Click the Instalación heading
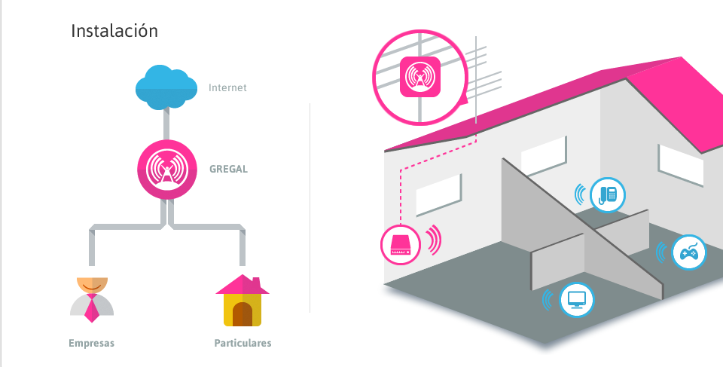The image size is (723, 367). pos(114,31)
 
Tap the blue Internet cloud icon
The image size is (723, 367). pos(166,87)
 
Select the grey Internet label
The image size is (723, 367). pos(227,87)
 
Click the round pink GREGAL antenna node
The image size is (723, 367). pos(167,170)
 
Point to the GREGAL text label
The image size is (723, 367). pos(229,169)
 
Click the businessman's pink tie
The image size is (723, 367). pos(91,307)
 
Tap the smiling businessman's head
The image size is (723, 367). pos(92,285)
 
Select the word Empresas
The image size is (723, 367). pos(91,343)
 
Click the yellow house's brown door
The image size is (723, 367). pos(243,314)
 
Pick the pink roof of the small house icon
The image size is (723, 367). pos(243,285)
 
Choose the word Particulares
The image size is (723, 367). pos(243,343)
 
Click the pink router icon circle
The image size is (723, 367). pos(400,244)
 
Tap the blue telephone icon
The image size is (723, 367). pos(608,195)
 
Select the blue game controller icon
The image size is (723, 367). pos(689,252)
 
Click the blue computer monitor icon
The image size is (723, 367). pos(576,300)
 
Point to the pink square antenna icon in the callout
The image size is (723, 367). pos(420,77)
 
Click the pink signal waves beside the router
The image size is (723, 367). pos(434,240)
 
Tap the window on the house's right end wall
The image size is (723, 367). pos(680,165)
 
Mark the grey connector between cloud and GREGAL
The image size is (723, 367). pos(166,124)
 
